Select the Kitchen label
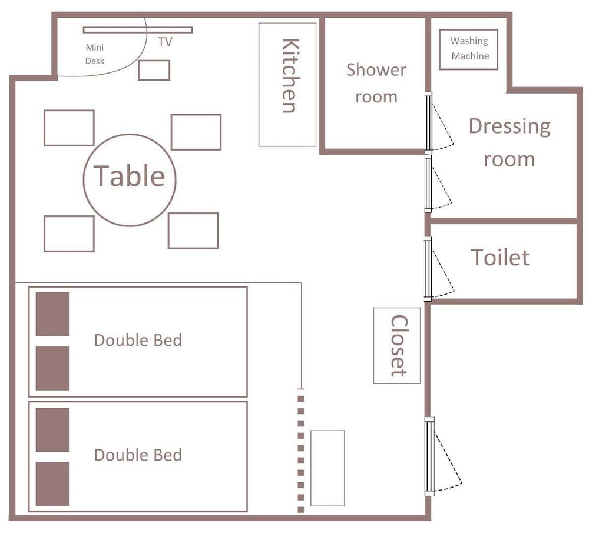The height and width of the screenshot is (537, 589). coord(291,76)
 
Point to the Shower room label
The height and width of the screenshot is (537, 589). coord(376,84)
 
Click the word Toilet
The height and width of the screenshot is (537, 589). coord(500,257)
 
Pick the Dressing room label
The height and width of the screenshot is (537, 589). coord(509,142)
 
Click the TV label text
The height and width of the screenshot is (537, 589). coord(166,42)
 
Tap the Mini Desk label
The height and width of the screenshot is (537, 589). coord(95,54)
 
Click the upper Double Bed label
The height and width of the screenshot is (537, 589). coord(138,340)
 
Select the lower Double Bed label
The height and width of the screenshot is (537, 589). coord(138,455)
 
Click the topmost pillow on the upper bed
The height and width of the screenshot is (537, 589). coord(52,314)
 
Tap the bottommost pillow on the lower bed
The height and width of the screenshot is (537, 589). coord(52,483)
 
